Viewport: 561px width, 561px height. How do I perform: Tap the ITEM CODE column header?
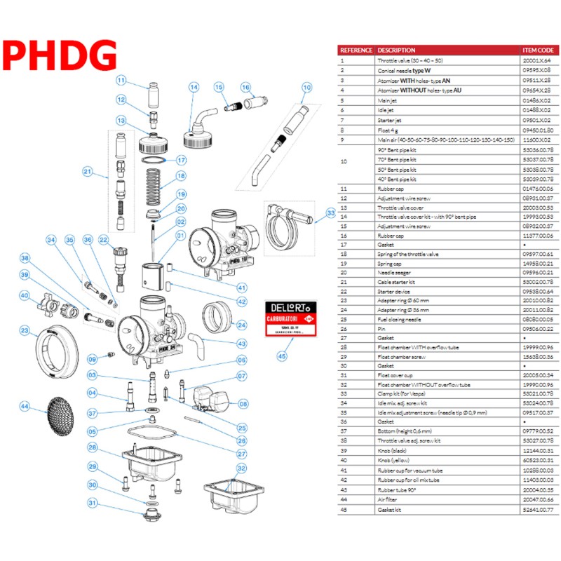click(x=538, y=50)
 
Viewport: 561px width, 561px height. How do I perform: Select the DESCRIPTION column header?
click(x=396, y=50)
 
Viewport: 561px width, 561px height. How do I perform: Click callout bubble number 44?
click(x=25, y=407)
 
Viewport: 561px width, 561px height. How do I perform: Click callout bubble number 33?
click(x=330, y=213)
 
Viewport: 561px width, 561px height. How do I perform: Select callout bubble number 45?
click(x=283, y=356)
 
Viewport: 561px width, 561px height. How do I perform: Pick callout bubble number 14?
click(x=194, y=87)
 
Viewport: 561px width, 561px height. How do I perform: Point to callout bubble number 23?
click(x=25, y=330)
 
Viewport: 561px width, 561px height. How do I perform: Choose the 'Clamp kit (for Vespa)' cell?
click(x=405, y=394)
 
